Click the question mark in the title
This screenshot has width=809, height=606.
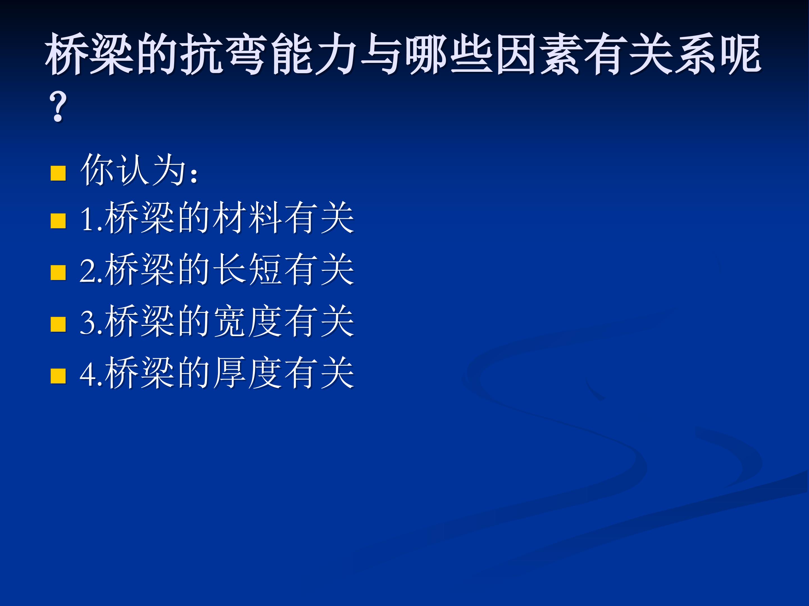point(58,106)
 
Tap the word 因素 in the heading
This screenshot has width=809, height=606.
point(540,54)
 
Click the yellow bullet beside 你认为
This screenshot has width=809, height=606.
point(58,173)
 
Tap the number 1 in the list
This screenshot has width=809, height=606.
point(87,219)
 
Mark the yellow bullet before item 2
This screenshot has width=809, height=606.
point(58,272)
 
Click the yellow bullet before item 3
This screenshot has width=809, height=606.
point(58,324)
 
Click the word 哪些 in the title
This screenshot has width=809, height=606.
point(450,54)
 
